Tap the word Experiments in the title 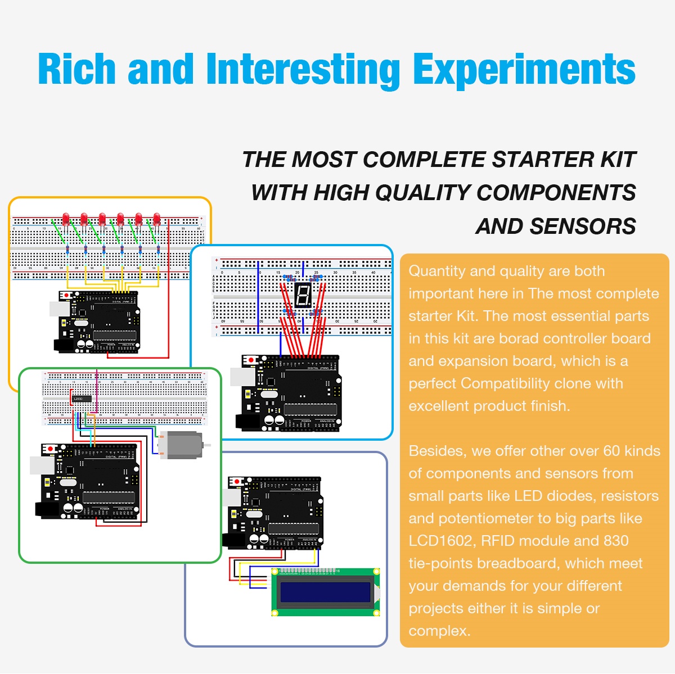pos(524,70)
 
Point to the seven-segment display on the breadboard pos(303,295)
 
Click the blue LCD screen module pos(325,592)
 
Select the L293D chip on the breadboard pos(81,399)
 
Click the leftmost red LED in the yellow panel pos(66,220)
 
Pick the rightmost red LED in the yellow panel pos(156,220)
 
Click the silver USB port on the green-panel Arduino pos(42,465)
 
